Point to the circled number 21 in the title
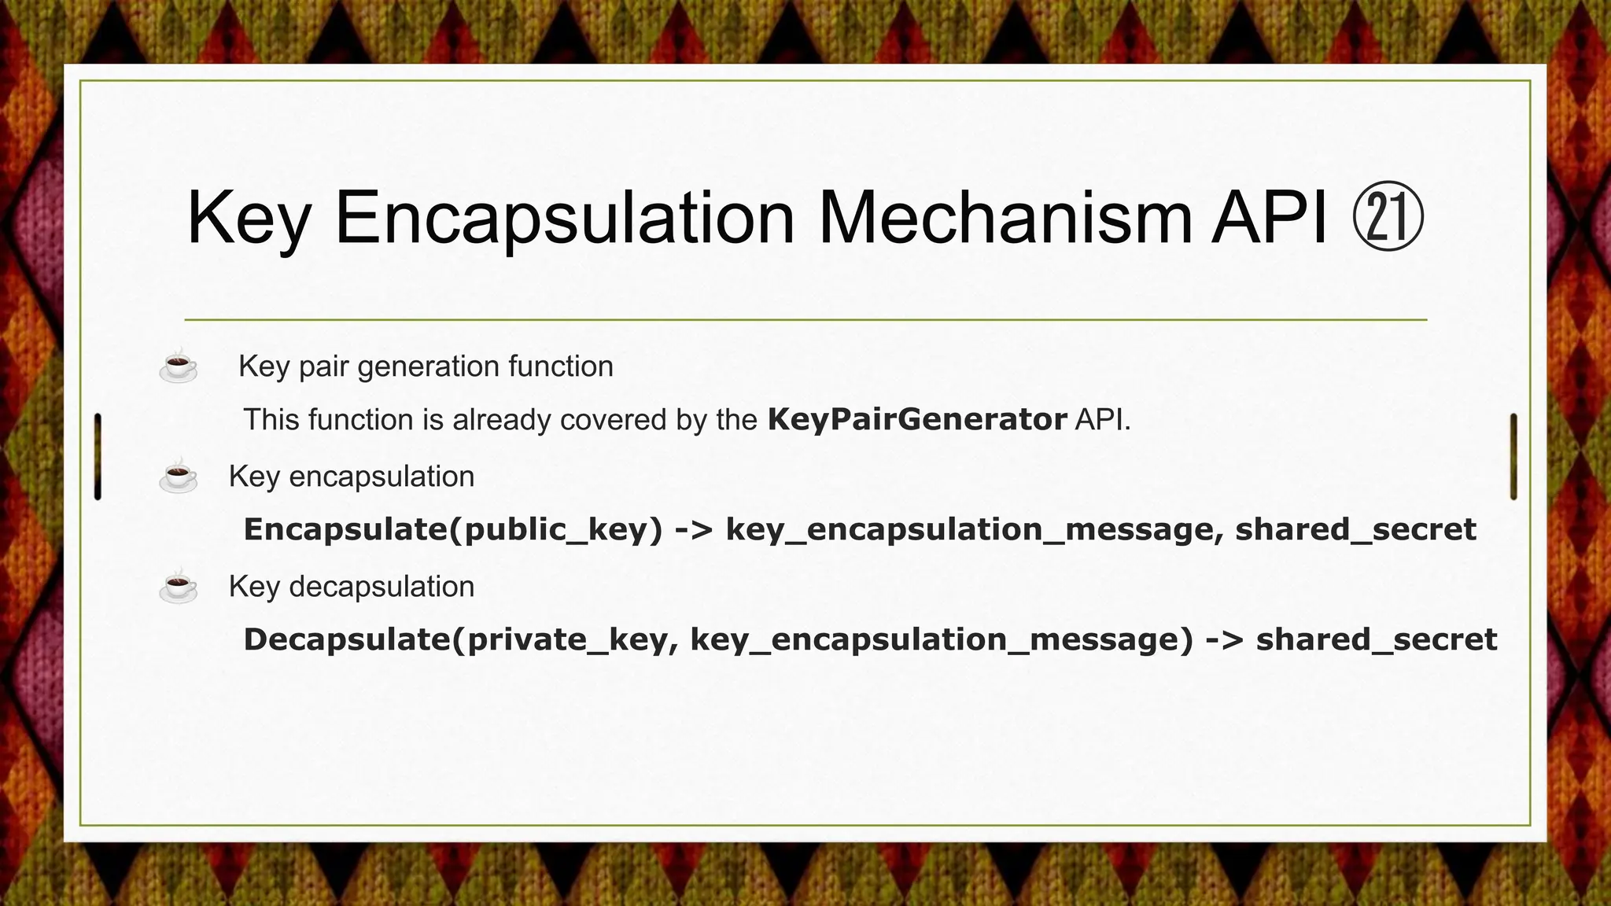(x=1388, y=218)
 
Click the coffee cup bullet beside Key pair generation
(x=179, y=367)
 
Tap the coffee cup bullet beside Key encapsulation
(x=179, y=477)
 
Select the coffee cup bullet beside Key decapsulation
(x=179, y=587)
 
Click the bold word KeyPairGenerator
(x=917, y=419)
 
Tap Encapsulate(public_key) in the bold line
(x=453, y=529)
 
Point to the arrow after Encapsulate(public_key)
(x=694, y=529)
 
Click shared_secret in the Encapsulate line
(x=1355, y=529)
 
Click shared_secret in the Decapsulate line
(x=1377, y=639)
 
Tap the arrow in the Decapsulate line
(x=1224, y=639)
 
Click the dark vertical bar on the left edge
(x=98, y=456)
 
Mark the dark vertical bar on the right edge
(x=1513, y=456)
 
